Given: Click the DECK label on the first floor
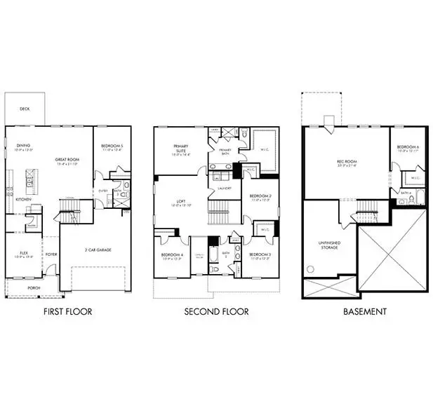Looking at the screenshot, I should click(25, 109).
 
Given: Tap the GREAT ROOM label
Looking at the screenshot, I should click(66, 159).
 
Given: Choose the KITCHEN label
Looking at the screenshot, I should click(23, 199).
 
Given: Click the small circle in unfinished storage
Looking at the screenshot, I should click(309, 269).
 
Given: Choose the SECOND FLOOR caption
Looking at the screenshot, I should click(215, 311).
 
